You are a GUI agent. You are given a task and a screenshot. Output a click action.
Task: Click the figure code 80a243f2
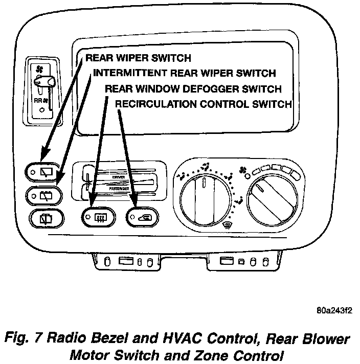coord(335,310)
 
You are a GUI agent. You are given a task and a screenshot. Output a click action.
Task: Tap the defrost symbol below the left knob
coord(228,224)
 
